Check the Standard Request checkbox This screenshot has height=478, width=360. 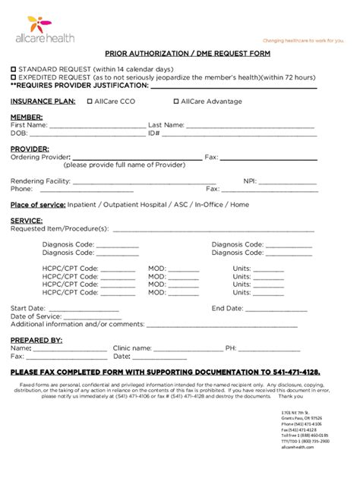click(x=13, y=68)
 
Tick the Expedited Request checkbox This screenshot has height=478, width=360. click(x=13, y=77)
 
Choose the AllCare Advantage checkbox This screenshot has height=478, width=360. click(x=175, y=101)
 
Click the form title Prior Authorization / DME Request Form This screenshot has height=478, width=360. click(x=179, y=55)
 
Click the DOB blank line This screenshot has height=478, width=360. click(x=84, y=134)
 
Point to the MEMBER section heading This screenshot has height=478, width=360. click(x=26, y=117)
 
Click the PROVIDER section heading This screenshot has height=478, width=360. click(x=30, y=149)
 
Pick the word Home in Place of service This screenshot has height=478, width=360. click(x=239, y=205)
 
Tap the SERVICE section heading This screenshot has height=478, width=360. click(x=27, y=221)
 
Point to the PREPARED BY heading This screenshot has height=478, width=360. click(x=36, y=340)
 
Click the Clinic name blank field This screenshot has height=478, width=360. click(x=186, y=349)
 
